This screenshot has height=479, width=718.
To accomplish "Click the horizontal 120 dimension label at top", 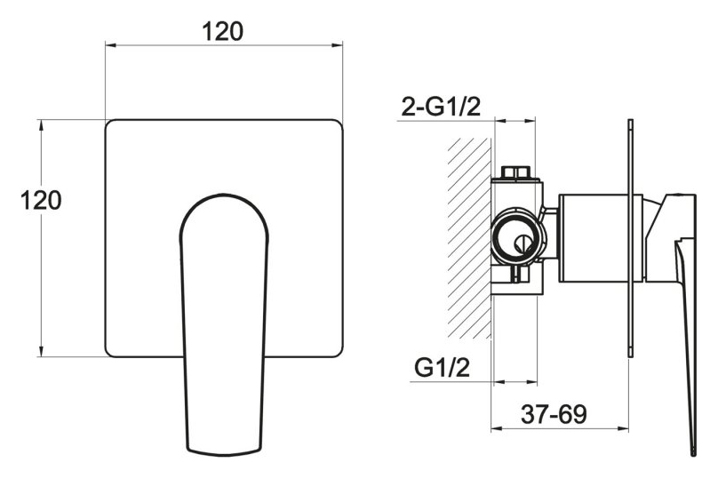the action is [222, 32].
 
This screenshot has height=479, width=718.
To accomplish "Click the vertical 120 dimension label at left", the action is [41, 200].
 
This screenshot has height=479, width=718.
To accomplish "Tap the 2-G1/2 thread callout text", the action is [441, 107].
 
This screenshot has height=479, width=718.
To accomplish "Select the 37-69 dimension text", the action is [553, 414].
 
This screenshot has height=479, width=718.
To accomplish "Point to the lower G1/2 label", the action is [442, 367].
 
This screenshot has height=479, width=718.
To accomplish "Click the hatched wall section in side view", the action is [469, 238].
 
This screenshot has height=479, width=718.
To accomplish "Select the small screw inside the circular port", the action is [521, 243].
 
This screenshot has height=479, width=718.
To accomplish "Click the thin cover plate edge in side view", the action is [631, 238].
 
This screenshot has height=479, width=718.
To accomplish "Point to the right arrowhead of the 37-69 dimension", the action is [623, 429].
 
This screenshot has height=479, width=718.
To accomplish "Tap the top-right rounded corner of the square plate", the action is [338, 125].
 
